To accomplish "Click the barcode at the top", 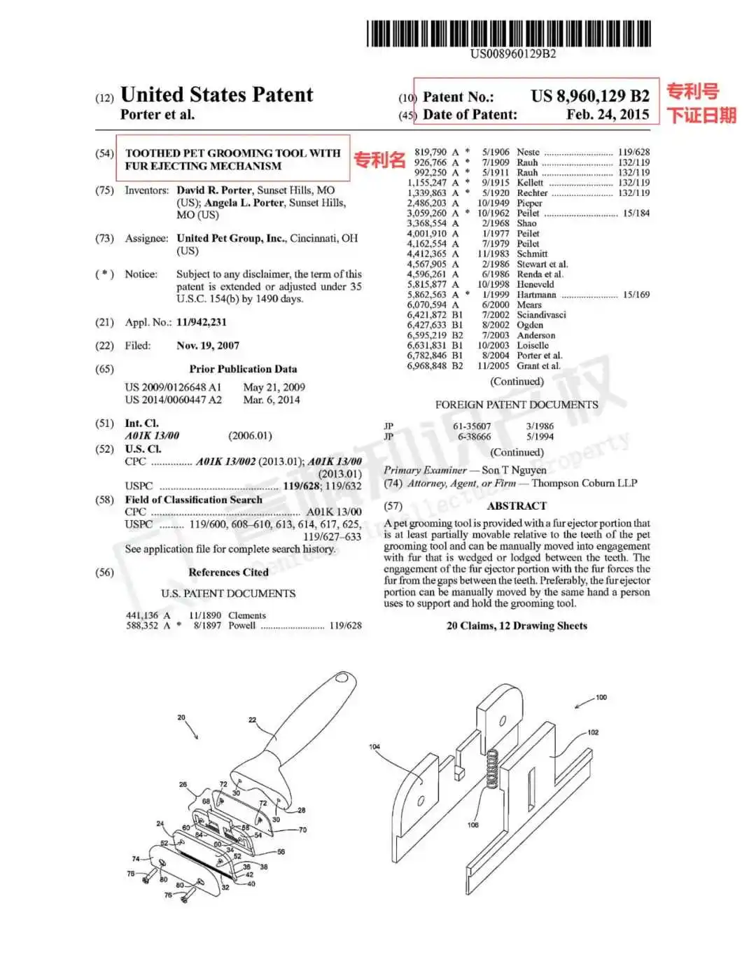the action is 509,34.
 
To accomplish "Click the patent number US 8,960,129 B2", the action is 590,96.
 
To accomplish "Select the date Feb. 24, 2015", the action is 608,114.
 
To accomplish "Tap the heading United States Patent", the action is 216,95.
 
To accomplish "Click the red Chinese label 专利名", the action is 379,160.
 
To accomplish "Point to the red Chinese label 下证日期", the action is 701,116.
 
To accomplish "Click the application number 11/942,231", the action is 201,322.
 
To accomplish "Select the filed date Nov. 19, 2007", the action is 207,346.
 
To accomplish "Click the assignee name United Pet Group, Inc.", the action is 231,238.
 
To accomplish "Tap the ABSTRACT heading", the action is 517,506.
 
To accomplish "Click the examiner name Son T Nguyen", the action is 514,470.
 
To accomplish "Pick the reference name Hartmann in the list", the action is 536,295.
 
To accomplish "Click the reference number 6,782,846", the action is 426,356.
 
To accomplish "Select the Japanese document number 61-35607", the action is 472,426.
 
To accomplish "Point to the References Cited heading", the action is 228,572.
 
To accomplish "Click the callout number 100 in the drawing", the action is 601,697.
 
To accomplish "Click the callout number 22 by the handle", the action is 252,720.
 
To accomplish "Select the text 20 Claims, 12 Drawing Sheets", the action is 517,626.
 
